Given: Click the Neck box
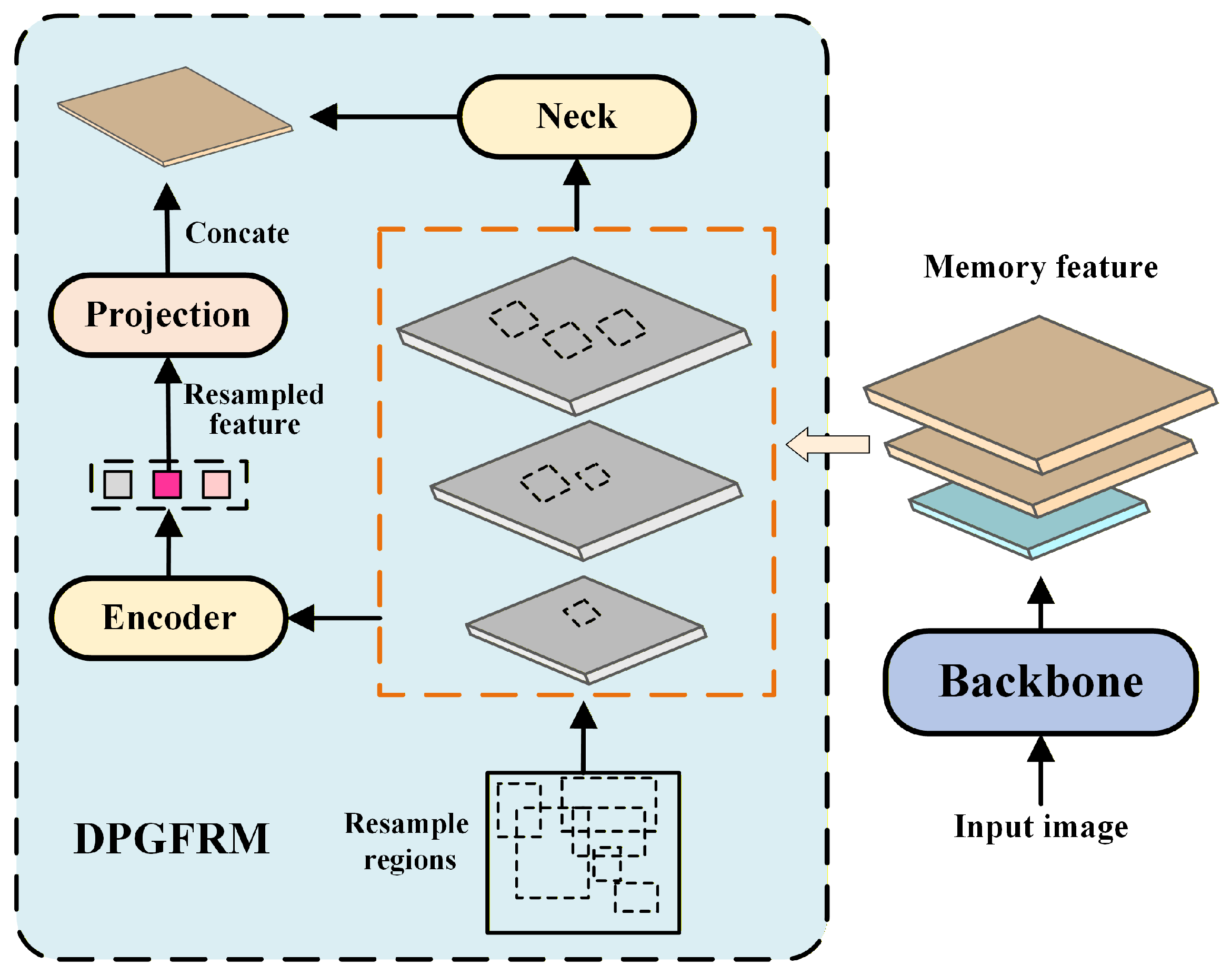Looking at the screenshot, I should pyautogui.click(x=576, y=116).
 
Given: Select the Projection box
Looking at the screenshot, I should pyautogui.click(x=168, y=315).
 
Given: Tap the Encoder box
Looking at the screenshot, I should pyautogui.click(x=169, y=618).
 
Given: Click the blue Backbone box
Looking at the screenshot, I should pyautogui.click(x=1040, y=682).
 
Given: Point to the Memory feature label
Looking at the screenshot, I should pyautogui.click(x=1040, y=267).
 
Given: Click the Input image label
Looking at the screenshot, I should pyautogui.click(x=1040, y=827).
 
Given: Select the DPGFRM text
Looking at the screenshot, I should pyautogui.click(x=171, y=839).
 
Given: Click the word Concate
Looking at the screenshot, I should pyautogui.click(x=237, y=233).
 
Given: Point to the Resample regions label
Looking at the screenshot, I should pyautogui.click(x=407, y=841).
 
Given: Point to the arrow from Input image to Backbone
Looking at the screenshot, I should pyautogui.click(x=1040, y=771).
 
